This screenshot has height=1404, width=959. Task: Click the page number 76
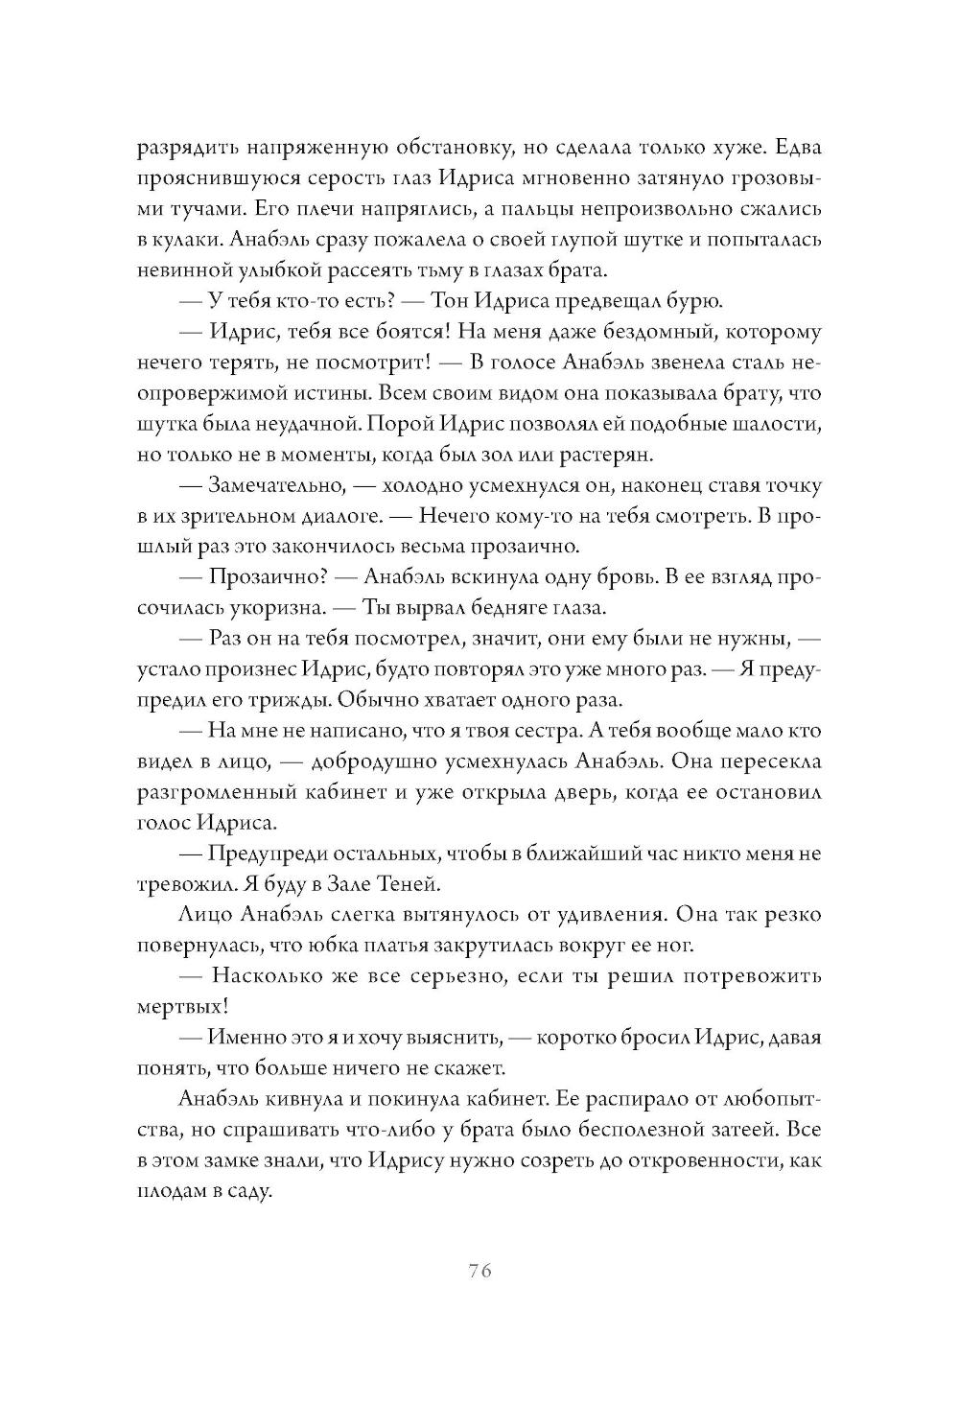pyautogui.click(x=479, y=1272)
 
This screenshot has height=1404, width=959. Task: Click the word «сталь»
pyautogui.click(x=756, y=363)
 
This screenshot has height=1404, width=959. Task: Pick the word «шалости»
pyautogui.click(x=778, y=423)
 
